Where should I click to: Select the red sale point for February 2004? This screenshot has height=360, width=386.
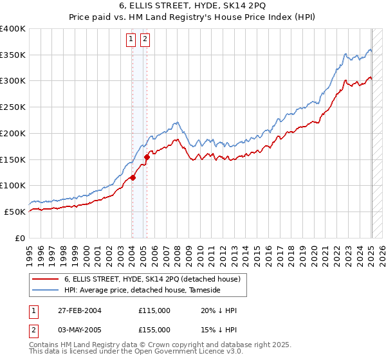pyautogui.click(x=133, y=177)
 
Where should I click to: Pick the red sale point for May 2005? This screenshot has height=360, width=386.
pyautogui.click(x=147, y=156)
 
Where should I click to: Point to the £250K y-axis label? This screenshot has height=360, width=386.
pyautogui.click(x=13, y=107)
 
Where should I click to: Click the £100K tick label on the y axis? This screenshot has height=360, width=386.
pyautogui.click(x=13, y=186)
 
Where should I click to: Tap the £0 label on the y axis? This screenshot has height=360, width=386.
pyautogui.click(x=21, y=238)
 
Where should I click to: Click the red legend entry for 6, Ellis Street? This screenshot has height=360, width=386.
pyautogui.click(x=152, y=279)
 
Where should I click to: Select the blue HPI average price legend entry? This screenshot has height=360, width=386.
pyautogui.click(x=142, y=291)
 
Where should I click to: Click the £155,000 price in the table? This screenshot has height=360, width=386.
pyautogui.click(x=154, y=329)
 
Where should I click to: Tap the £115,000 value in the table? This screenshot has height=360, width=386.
pyautogui.click(x=154, y=310)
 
